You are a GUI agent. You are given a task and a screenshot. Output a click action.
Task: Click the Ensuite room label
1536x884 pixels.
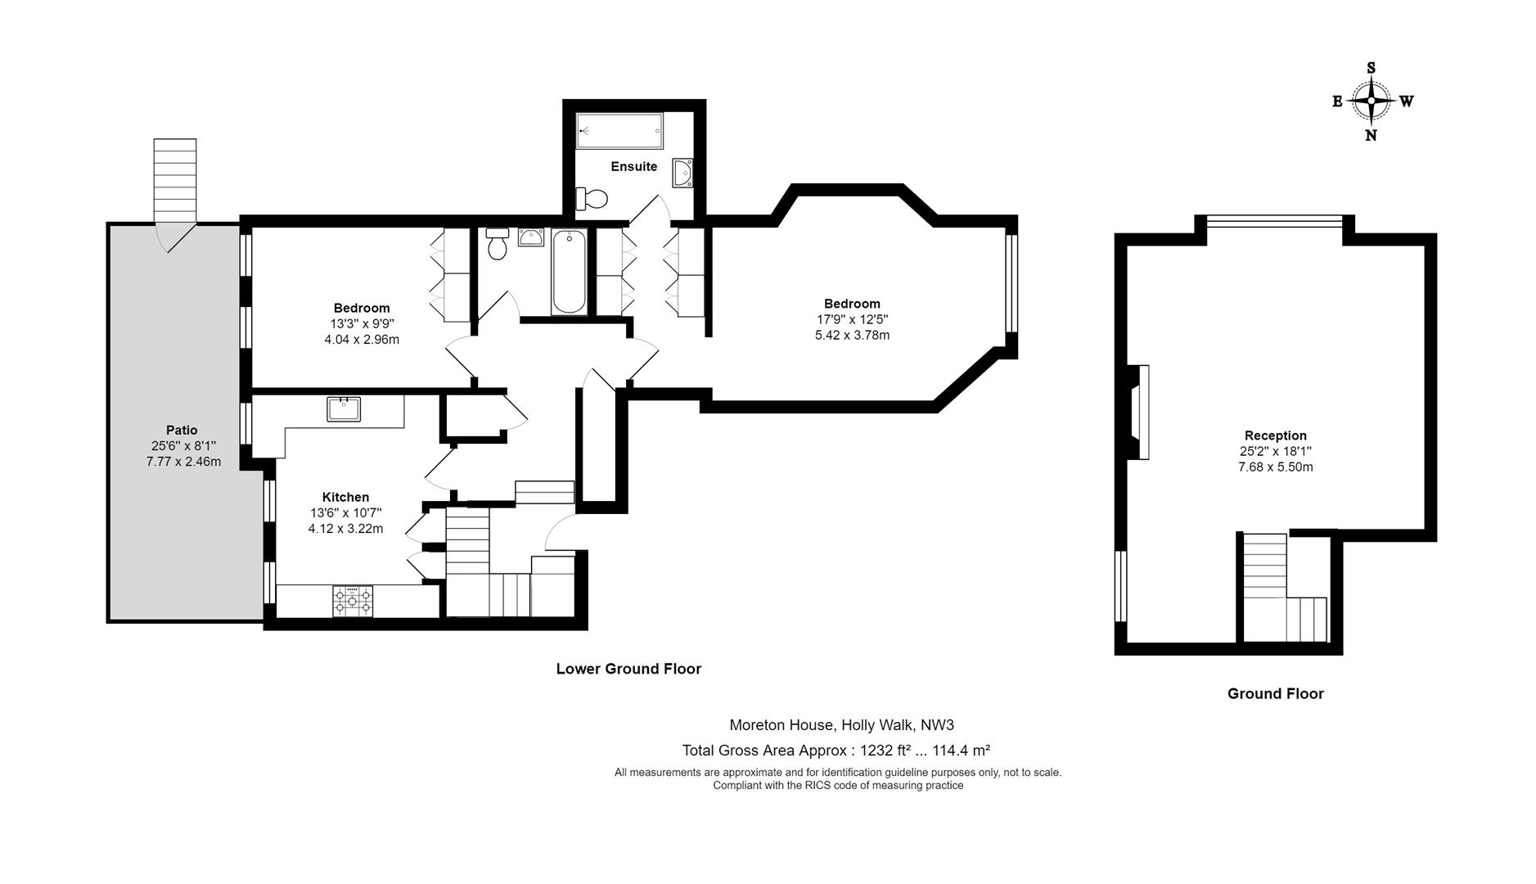(x=633, y=166)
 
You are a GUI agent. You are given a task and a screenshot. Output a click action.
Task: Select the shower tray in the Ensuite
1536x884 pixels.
(x=619, y=131)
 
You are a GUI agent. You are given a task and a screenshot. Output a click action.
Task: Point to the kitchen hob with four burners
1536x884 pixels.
(x=353, y=601)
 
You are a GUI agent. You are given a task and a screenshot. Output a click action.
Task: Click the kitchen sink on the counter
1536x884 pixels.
(x=344, y=408)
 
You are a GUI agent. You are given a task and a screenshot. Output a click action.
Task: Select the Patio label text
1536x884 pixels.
(x=182, y=430)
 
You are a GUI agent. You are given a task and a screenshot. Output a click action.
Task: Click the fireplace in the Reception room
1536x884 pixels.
(x=1139, y=412)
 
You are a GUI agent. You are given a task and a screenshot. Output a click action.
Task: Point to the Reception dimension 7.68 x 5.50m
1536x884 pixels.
(x=1275, y=467)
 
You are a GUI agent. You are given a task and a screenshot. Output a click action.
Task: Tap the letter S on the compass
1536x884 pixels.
(x=1372, y=68)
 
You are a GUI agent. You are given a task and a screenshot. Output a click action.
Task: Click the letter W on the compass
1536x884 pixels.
(x=1406, y=101)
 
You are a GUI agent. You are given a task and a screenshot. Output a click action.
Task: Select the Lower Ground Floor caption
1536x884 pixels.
(x=628, y=669)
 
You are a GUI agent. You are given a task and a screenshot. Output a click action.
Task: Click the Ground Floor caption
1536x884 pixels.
(x=1275, y=693)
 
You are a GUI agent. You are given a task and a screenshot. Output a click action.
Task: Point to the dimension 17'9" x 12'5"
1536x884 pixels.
(x=852, y=319)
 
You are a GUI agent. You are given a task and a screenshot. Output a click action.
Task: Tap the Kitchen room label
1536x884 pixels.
(x=345, y=497)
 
